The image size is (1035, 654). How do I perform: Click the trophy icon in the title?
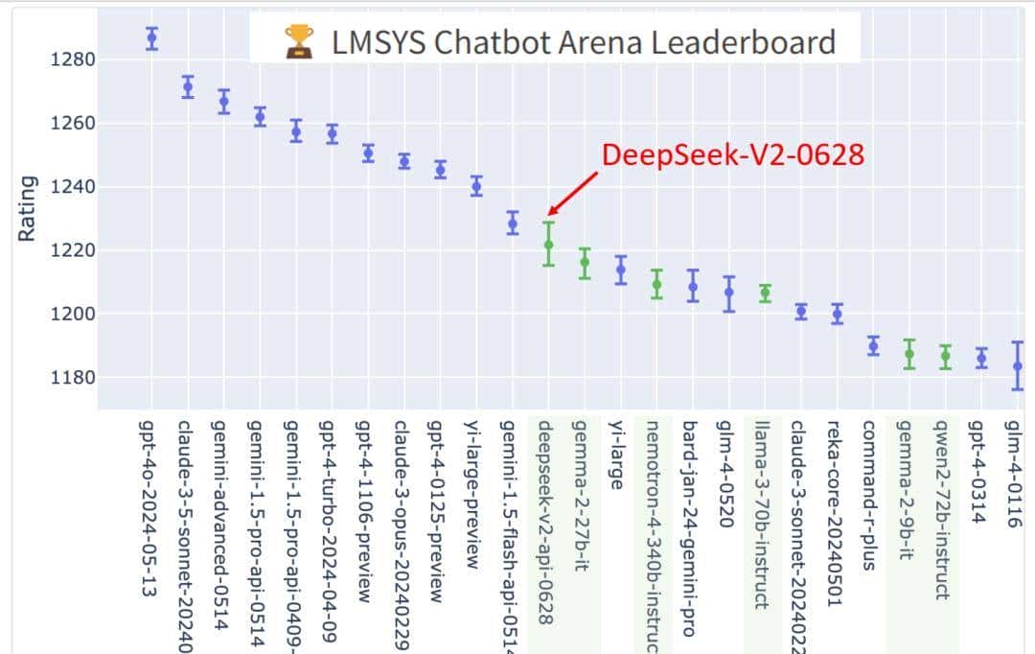pos(299,41)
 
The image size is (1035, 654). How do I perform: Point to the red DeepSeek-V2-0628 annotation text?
pos(732,154)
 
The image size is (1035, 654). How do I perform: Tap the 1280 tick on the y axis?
pos(73,59)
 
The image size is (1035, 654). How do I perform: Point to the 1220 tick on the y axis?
pos(73,250)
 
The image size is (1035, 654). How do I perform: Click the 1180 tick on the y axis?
pos(73,377)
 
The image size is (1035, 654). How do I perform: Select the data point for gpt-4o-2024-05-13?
pos(151,38)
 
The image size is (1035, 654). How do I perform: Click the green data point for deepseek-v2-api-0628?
pos(548,245)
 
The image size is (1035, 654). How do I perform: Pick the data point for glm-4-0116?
pos(1018,365)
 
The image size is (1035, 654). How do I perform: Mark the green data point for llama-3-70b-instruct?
pos(765,293)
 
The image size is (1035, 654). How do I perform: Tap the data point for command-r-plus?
pos(873,346)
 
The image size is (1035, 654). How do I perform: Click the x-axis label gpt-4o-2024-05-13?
pos(148,508)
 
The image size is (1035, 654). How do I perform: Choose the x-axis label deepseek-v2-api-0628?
pos(544,522)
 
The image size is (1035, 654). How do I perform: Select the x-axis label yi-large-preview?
pos(472,494)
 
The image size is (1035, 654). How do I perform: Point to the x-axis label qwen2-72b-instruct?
pos(941,508)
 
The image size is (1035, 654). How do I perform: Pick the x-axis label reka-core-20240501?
pos(834,512)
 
